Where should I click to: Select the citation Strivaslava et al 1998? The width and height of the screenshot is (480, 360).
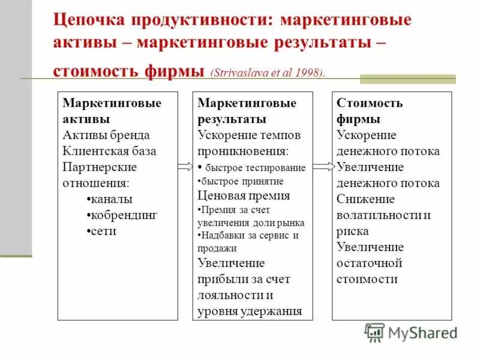268,73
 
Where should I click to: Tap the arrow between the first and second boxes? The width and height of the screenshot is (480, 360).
185,167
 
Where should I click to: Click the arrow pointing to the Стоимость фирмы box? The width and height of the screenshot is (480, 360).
323,167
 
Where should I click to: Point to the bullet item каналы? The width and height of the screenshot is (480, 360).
110,199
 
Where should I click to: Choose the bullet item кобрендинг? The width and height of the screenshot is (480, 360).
122,215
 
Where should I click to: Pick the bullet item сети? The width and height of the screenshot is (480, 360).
102,230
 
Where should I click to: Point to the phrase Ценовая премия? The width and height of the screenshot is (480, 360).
244,195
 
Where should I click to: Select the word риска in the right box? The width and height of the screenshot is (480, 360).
353,231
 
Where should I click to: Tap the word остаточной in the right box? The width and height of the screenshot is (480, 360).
369,263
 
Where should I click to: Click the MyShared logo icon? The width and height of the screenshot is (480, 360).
374,332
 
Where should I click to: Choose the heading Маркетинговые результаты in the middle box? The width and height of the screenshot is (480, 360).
247,111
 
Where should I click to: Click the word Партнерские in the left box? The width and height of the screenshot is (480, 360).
100,167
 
